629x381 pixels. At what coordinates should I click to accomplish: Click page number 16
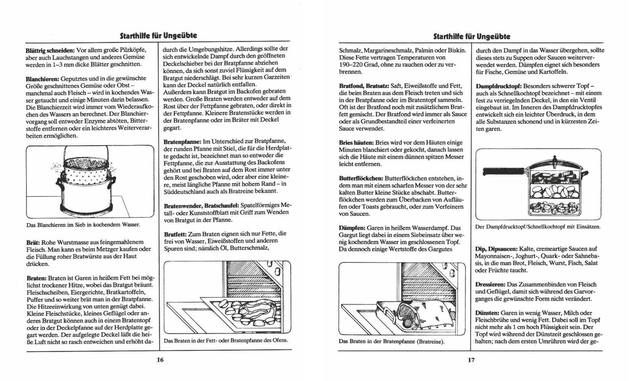pos(160,360)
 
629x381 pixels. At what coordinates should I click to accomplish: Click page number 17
pos(471,360)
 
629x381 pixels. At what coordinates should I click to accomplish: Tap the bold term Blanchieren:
pos(42,78)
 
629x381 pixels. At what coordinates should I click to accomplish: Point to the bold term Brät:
pos(33,242)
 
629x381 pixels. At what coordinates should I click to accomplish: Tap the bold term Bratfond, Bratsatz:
pos(364,86)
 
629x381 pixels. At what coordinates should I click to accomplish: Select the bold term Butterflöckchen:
pos(361,178)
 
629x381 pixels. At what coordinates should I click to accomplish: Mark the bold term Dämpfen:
pos(352,228)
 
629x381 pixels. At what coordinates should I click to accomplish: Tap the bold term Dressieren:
pos(490,285)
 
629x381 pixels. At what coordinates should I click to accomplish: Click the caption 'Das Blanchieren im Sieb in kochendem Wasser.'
pos(83,225)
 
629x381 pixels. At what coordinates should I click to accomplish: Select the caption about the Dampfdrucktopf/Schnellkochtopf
pos(538,227)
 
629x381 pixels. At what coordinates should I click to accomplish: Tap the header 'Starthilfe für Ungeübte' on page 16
pos(158,36)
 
